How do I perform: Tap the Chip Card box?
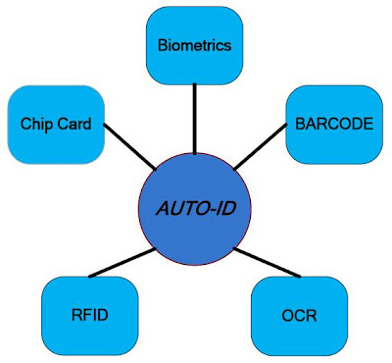(x=56, y=124)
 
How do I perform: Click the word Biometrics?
(x=194, y=45)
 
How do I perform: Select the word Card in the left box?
(x=73, y=125)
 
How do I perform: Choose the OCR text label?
(x=298, y=316)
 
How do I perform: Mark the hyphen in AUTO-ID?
(x=204, y=209)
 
